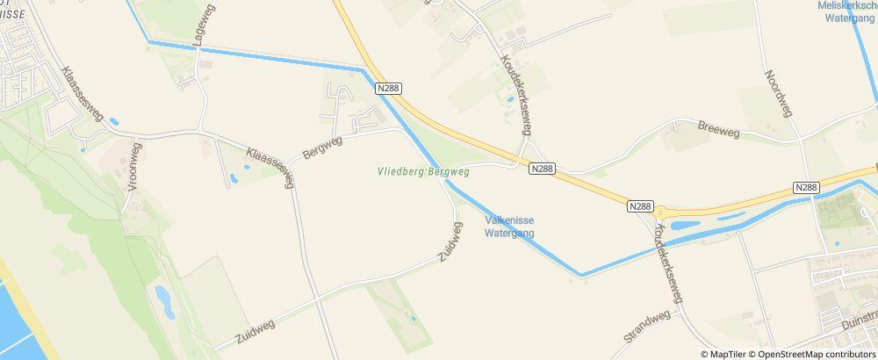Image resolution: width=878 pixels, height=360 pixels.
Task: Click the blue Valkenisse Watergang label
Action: (x=509, y=227)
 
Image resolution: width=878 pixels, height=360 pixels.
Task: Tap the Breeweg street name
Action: (x=718, y=132)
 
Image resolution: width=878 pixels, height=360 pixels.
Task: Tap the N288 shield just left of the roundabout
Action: (x=641, y=205)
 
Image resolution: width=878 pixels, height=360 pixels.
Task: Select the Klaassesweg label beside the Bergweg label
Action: (x=270, y=166)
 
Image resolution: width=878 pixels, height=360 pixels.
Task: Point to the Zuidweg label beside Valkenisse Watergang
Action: (x=450, y=242)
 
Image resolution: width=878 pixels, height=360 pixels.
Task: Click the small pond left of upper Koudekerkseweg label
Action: (x=508, y=101)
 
